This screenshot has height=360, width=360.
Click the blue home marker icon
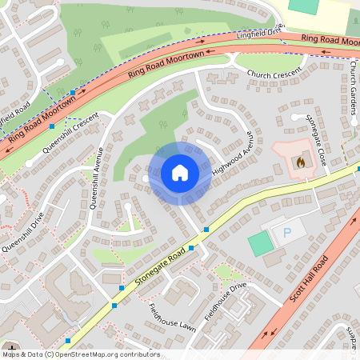click(x=180, y=173)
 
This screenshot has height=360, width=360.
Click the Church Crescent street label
click(x=274, y=74)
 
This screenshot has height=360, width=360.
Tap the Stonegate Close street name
click(x=316, y=139)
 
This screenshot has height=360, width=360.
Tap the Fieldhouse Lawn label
click(x=171, y=317)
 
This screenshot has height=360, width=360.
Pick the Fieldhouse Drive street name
click(x=226, y=301)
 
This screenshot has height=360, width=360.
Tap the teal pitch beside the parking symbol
click(x=260, y=242)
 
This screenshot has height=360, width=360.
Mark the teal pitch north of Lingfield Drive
click(x=303, y=6)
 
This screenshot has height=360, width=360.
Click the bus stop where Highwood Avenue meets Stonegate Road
click(x=206, y=229)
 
